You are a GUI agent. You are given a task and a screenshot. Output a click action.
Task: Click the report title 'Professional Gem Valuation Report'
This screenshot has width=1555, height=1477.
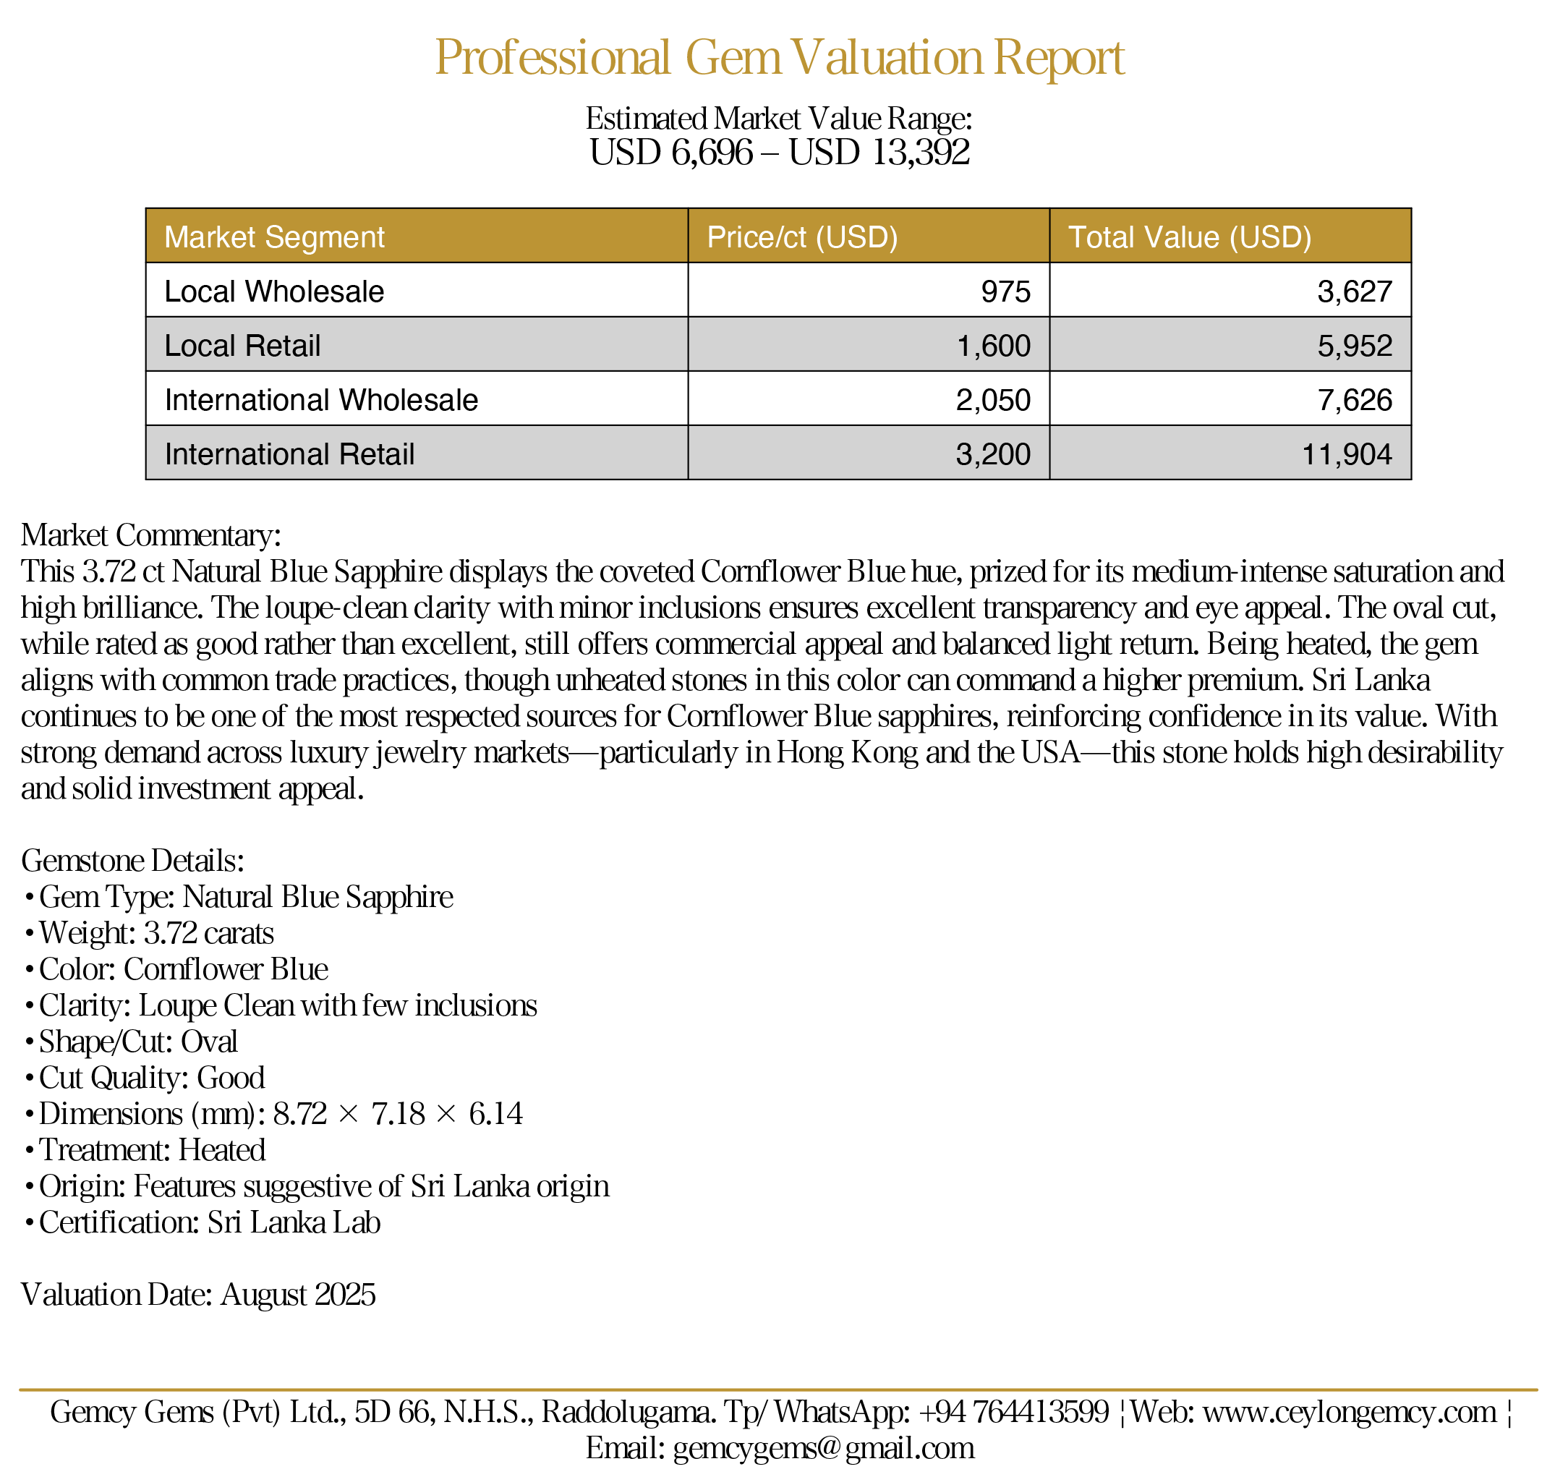(x=779, y=57)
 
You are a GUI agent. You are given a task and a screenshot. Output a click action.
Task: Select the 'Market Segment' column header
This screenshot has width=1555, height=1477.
(x=274, y=237)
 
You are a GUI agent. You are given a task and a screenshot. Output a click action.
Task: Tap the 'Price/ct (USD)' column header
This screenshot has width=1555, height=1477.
(x=801, y=237)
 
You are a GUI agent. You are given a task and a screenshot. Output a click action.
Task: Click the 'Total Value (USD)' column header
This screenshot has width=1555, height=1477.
(x=1189, y=237)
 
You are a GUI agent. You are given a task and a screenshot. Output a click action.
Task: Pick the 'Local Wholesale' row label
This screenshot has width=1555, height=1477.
(x=274, y=291)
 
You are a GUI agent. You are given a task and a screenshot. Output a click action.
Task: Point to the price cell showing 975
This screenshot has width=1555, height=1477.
(x=1005, y=291)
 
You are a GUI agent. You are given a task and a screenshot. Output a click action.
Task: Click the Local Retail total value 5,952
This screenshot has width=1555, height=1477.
(x=1354, y=346)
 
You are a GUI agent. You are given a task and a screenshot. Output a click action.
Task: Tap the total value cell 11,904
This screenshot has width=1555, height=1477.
(x=1347, y=454)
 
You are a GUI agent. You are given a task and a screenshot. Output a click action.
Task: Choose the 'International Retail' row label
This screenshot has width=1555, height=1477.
(x=289, y=454)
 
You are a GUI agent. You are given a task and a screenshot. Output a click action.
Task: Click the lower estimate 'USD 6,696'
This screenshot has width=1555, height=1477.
(x=670, y=153)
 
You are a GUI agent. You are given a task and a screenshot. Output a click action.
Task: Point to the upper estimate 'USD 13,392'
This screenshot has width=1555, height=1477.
(x=879, y=153)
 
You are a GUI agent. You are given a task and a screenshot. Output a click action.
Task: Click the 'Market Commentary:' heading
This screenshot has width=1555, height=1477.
(x=150, y=535)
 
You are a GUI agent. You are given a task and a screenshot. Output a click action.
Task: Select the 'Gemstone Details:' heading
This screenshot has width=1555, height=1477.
(x=132, y=861)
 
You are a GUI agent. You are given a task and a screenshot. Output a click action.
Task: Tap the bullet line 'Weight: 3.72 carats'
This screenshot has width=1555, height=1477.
(x=156, y=933)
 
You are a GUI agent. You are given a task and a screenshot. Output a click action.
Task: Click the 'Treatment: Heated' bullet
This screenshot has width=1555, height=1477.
(x=152, y=1150)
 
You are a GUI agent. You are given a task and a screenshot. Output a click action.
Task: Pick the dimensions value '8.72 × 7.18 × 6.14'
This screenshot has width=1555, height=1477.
(x=398, y=1114)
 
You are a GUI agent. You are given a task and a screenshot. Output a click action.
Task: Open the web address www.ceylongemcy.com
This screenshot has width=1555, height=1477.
(x=1350, y=1413)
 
